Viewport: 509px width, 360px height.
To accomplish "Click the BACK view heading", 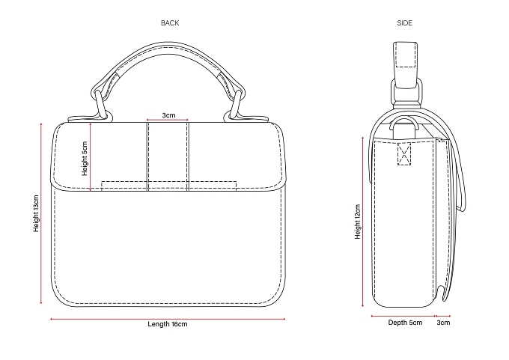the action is tap(170, 23).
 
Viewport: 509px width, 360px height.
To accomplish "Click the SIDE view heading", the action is tap(404, 23).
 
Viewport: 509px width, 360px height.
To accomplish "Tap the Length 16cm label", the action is tap(168, 324).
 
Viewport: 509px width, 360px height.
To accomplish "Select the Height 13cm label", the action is tap(36, 213).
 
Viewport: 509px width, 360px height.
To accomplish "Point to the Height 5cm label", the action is tap(85, 159).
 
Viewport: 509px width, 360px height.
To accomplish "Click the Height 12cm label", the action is tap(358, 222).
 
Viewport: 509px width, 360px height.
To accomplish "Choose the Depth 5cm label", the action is tap(405, 323).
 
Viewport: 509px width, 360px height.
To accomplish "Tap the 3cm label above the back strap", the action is tap(169, 115).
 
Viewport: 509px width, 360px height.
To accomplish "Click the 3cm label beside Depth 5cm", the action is tap(443, 323).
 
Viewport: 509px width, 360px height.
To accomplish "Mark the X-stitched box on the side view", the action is tap(404, 154).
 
